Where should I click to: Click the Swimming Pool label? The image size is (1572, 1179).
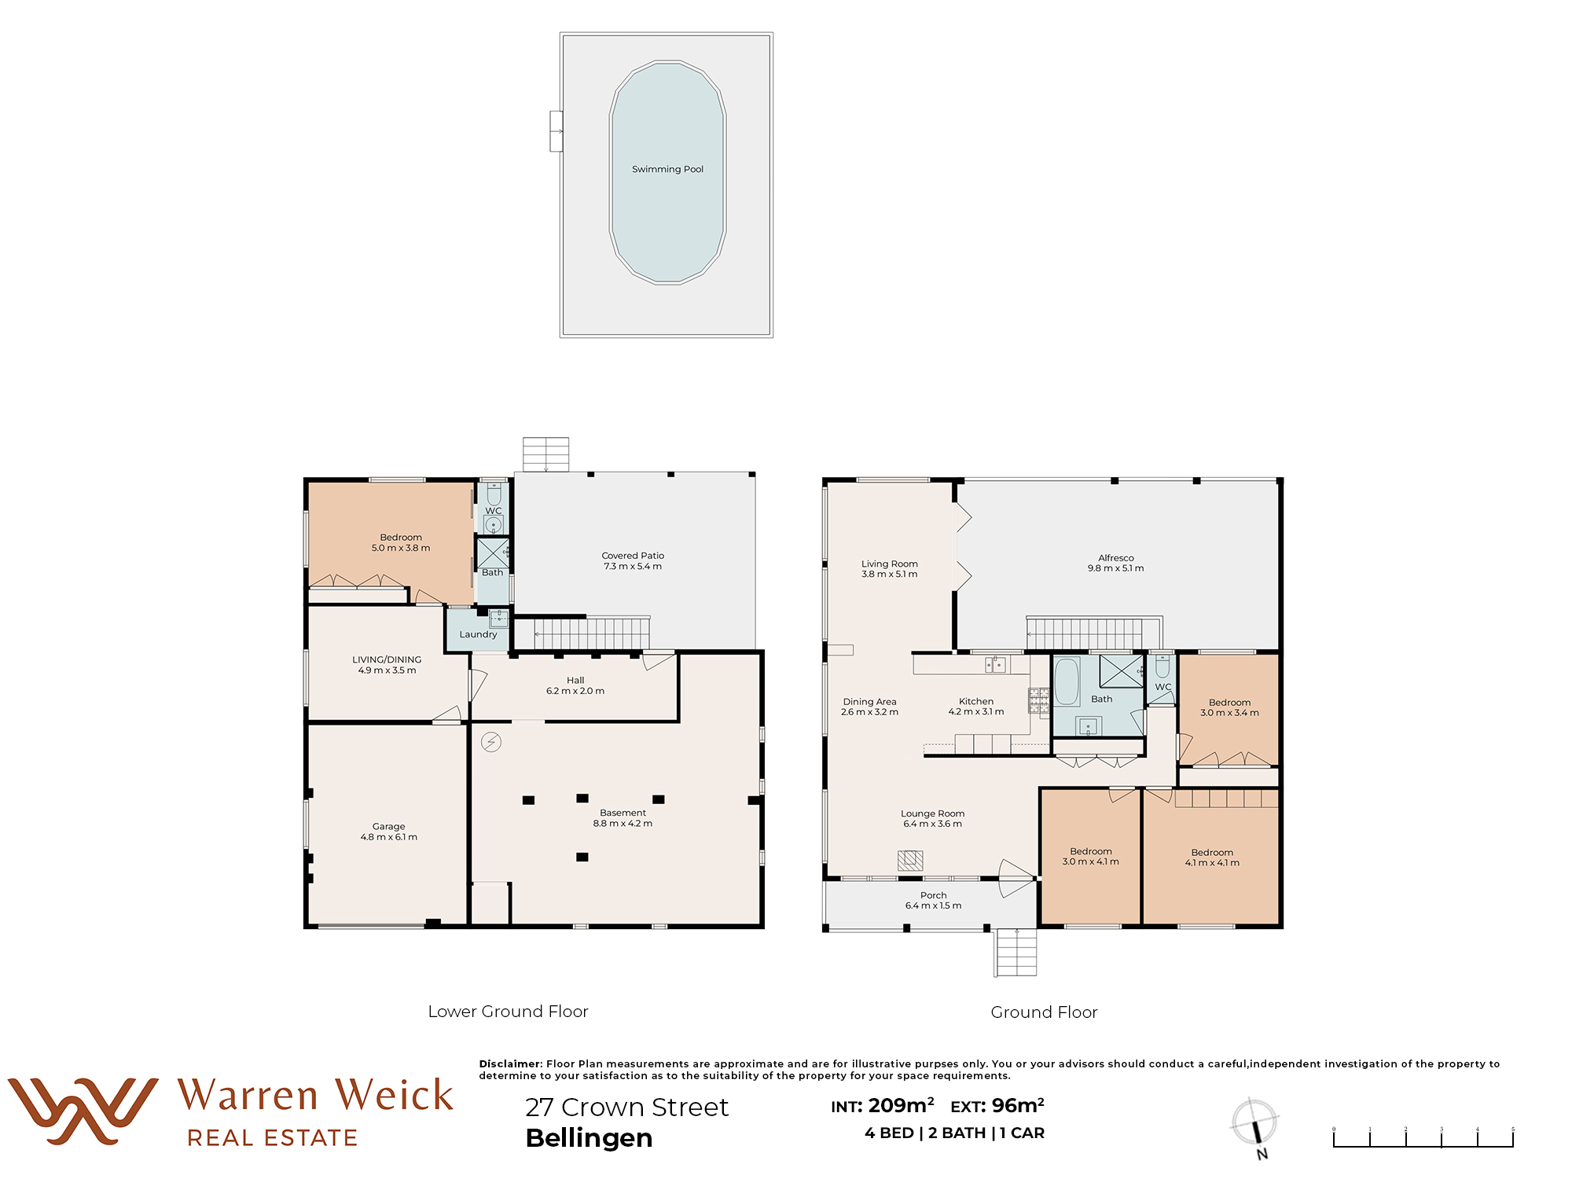667,169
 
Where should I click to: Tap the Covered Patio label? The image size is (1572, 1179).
633,556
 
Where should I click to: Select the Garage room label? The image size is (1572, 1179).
389,826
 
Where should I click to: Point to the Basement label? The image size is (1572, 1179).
623,813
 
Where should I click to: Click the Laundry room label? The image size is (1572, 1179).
478,634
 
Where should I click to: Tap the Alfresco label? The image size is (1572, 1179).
1116,557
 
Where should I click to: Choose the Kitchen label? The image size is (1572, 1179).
976,701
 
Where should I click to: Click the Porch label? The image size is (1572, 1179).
934,895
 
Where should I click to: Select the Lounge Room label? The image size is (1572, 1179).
932,814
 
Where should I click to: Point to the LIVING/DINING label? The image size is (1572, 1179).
387,659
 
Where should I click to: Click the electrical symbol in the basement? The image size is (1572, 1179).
491,741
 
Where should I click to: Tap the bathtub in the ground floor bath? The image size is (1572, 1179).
1067,681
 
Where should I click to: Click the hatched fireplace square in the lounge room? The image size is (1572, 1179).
910,860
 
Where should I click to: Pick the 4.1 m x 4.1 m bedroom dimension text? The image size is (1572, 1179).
1212,863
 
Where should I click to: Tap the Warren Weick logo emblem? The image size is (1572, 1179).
83,1111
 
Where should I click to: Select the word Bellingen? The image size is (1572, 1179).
589,1138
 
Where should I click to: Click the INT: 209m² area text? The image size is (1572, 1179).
883,1106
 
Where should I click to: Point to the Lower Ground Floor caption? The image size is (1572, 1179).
508,1012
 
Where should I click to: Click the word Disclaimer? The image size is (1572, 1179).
511,1063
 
